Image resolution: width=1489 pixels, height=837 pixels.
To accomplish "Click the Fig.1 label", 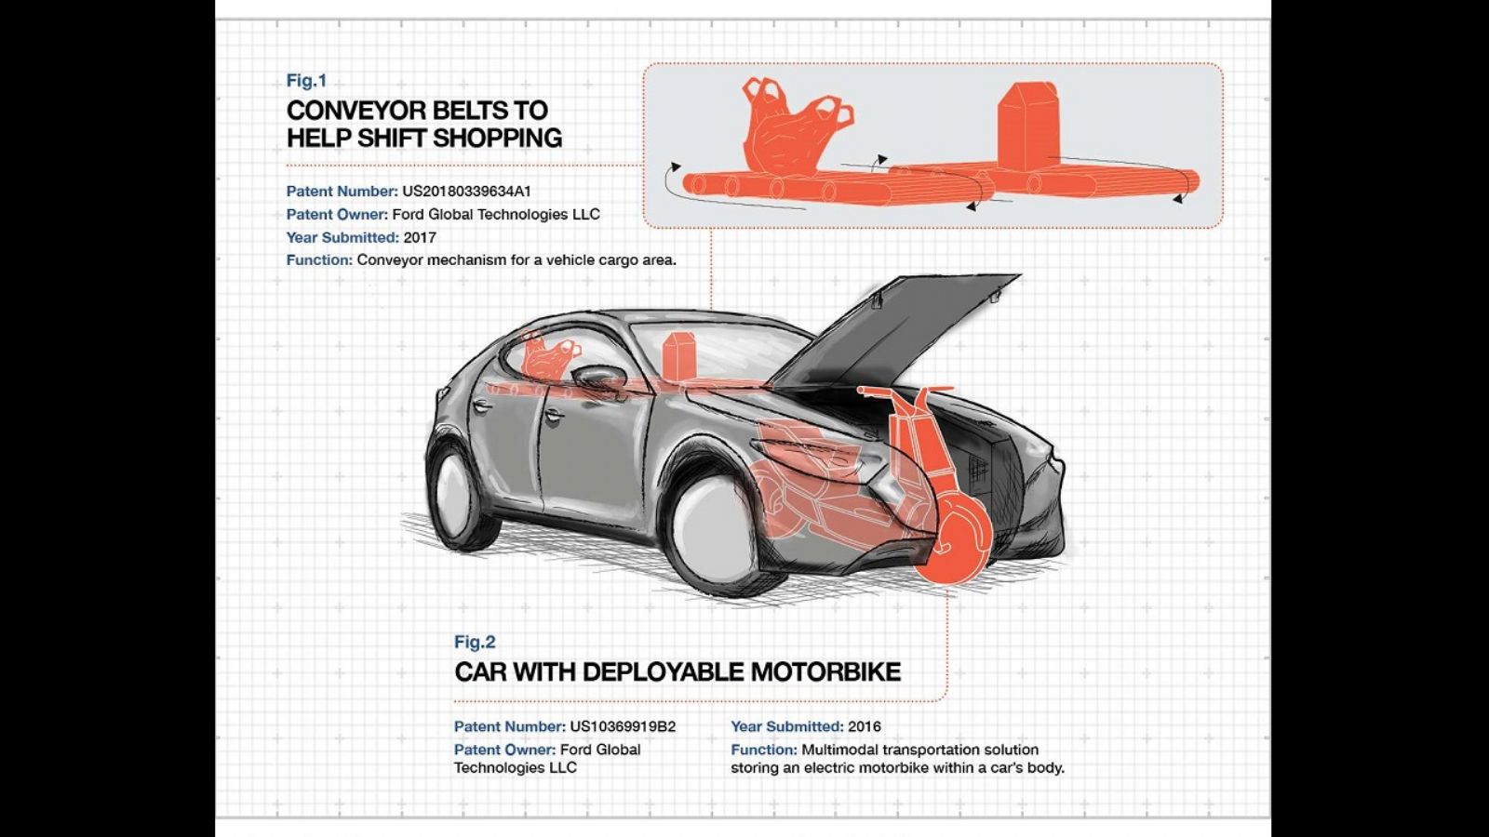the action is (306, 80).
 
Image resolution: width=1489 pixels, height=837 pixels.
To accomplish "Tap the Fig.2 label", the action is (475, 642).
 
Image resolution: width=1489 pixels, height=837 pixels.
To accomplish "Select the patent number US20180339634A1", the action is (466, 192).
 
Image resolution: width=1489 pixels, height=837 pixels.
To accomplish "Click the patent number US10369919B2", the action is (623, 726).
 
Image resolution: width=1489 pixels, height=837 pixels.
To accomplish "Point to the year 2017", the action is (420, 238).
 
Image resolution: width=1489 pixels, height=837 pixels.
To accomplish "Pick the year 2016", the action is (865, 726).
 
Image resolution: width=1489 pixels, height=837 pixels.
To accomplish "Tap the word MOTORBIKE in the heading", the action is (825, 671).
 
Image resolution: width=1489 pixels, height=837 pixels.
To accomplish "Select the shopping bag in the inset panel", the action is (791, 129).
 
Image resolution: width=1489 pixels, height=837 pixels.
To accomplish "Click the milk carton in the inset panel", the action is (1027, 126).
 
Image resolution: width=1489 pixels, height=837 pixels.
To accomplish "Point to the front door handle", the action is (551, 415).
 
